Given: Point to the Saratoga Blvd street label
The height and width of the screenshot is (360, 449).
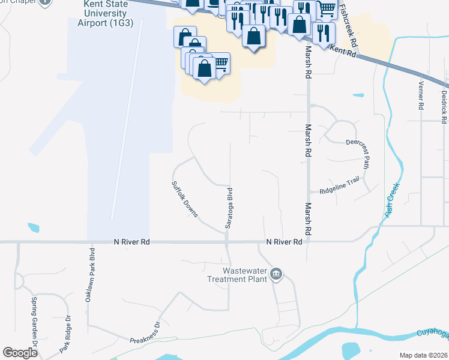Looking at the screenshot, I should [229, 208].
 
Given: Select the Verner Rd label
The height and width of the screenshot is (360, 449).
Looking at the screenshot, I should [421, 95].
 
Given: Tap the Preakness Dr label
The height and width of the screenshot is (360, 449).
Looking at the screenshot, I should [145, 332].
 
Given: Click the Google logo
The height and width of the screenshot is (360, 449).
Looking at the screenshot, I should [20, 352].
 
